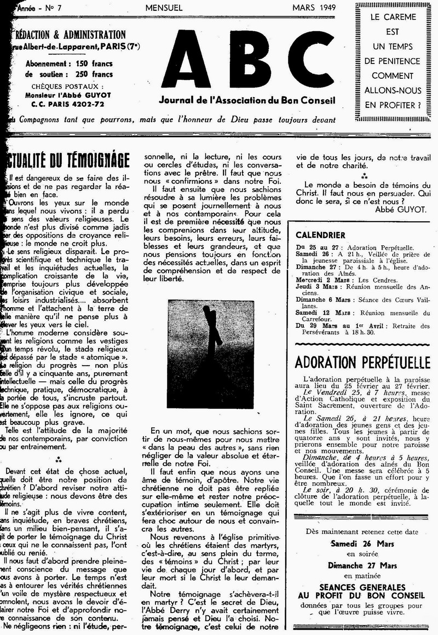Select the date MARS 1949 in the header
(315, 7)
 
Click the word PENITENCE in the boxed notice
(392, 61)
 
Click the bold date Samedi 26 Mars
(362, 544)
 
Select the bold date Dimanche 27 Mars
(362, 565)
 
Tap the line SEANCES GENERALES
(362, 586)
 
